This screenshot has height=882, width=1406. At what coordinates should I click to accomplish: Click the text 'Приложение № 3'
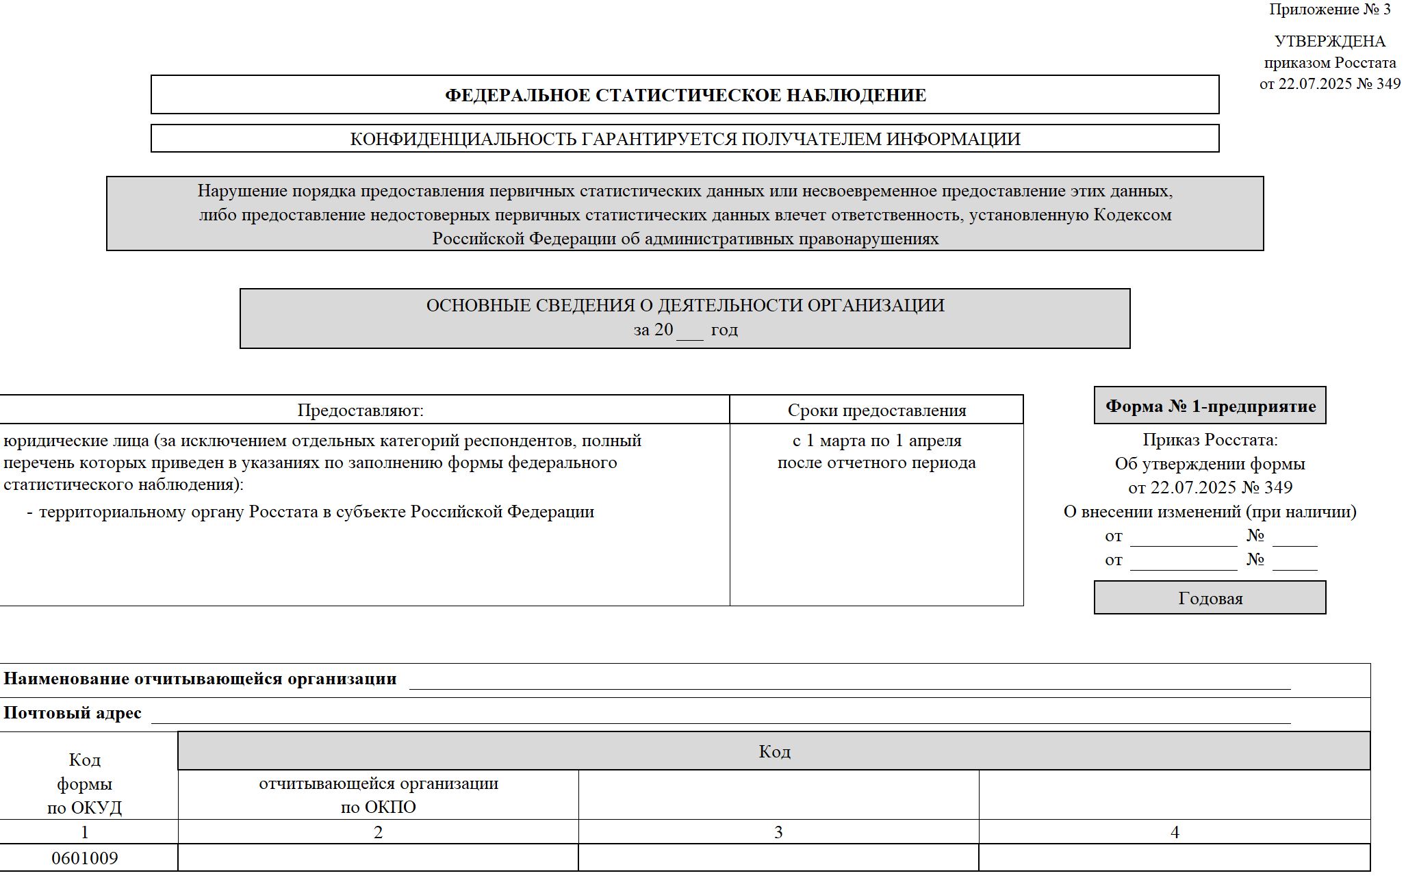pyautogui.click(x=1329, y=10)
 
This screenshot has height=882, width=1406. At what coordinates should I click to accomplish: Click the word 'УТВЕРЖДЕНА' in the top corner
pyautogui.click(x=1329, y=41)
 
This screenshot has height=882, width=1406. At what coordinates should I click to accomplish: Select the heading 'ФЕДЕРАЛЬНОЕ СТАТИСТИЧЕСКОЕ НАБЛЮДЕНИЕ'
pyautogui.click(x=685, y=95)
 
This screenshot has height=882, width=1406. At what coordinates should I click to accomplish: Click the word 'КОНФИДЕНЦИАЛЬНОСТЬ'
pyautogui.click(x=463, y=139)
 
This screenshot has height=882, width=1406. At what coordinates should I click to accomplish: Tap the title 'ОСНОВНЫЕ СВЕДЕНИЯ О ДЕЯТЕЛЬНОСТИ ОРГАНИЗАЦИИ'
pyautogui.click(x=685, y=305)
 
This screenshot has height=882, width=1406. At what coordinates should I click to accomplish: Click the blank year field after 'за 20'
pyautogui.click(x=690, y=331)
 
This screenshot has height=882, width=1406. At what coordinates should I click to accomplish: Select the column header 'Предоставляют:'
pyautogui.click(x=361, y=410)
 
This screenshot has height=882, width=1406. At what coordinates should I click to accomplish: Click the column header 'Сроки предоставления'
pyautogui.click(x=876, y=410)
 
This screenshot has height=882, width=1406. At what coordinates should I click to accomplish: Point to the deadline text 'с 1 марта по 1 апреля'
pyautogui.click(x=876, y=441)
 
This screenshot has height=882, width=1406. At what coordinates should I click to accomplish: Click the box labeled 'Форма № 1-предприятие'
pyautogui.click(x=1210, y=406)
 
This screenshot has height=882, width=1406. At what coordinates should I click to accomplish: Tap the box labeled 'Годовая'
pyautogui.click(x=1210, y=598)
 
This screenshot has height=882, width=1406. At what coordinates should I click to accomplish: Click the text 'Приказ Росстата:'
pyautogui.click(x=1210, y=440)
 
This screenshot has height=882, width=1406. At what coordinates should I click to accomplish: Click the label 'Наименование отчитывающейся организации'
pyautogui.click(x=200, y=679)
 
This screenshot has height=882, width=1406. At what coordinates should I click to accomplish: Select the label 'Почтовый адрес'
pyautogui.click(x=73, y=713)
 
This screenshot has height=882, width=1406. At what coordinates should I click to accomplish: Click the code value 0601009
pyautogui.click(x=85, y=858)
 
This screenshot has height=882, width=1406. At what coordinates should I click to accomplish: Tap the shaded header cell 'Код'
pyautogui.click(x=774, y=751)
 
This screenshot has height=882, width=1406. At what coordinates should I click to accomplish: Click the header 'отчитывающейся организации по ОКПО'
pyautogui.click(x=378, y=794)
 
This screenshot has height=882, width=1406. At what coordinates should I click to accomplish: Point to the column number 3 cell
pyautogui.click(x=778, y=832)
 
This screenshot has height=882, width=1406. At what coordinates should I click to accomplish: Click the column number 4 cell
pyautogui.click(x=1175, y=832)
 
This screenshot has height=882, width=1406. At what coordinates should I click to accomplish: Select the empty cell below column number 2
pyautogui.click(x=378, y=858)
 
